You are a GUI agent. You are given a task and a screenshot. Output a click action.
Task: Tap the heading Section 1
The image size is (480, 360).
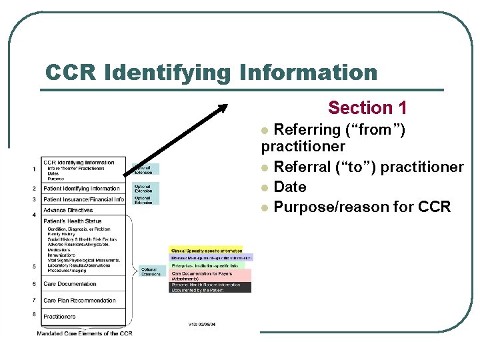point(367,107)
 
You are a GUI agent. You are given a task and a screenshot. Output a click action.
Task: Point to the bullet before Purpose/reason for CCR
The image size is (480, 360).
point(266,208)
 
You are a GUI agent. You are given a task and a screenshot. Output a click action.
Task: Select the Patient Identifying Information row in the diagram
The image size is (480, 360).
point(81,189)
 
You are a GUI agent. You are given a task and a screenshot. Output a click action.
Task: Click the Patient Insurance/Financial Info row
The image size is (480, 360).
point(83,199)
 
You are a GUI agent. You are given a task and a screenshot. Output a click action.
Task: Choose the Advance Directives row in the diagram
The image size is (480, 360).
point(68,210)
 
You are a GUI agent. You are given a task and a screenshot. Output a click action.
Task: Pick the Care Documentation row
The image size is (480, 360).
point(70,284)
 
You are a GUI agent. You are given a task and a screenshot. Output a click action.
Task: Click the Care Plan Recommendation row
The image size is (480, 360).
point(79,301)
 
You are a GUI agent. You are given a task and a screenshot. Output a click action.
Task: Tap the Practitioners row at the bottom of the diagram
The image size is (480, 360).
point(59,317)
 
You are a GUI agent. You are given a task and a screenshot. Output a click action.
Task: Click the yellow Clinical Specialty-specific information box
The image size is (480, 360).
point(207,251)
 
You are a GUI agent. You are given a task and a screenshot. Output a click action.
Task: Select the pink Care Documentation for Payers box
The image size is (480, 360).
point(211,275)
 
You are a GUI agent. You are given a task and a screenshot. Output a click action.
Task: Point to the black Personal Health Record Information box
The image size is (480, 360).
point(211,287)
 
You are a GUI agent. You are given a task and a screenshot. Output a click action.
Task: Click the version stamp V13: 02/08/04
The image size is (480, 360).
point(202,325)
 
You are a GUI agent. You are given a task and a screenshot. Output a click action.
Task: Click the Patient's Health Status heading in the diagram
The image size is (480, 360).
point(72,221)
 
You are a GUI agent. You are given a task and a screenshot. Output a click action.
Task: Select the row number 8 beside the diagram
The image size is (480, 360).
point(34,314)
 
